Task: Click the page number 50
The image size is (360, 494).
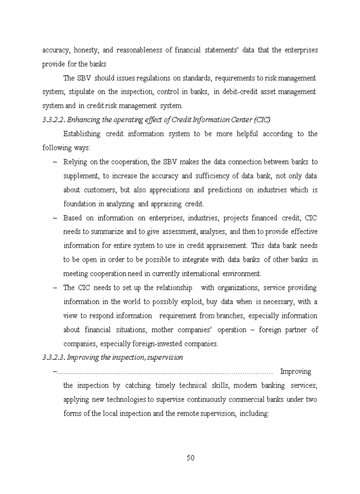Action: pyautogui.click(x=190, y=458)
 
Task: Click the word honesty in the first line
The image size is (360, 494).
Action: pyautogui.click(x=86, y=50)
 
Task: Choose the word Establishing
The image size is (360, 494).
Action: pyautogui.click(x=82, y=134)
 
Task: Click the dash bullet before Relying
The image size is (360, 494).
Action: pyautogui.click(x=55, y=162)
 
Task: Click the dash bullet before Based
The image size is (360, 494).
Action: pyautogui.click(x=55, y=218)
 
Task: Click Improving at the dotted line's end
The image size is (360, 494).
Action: pyautogui.click(x=295, y=371)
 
